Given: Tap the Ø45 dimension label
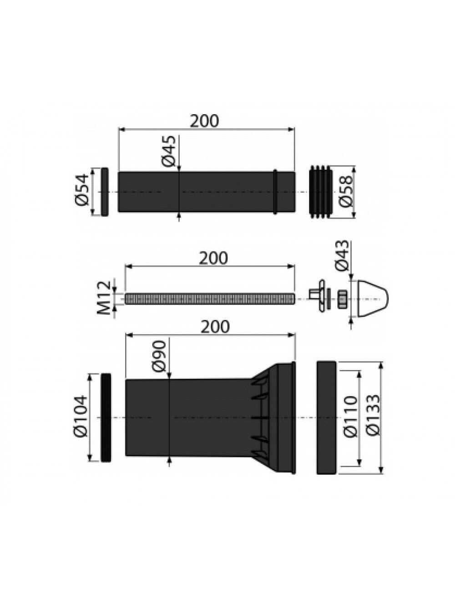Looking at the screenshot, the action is coord(169,151).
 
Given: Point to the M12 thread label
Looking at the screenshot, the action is coord(104,298).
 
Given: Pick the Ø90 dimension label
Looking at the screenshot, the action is coord(159,356).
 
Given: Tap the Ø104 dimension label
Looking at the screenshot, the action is coord(80,416).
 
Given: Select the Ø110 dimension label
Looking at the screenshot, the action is coord(350,417).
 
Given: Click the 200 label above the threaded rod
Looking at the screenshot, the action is coord(213,258).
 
